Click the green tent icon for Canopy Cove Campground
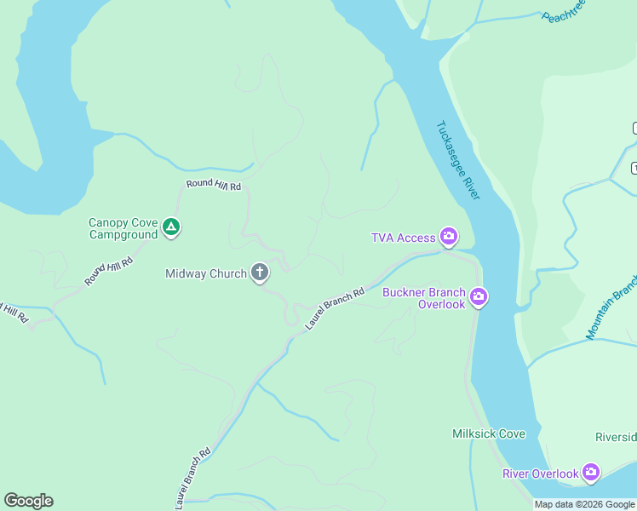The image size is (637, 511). (171, 227)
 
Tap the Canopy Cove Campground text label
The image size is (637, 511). (123, 228)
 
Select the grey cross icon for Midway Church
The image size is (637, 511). (260, 273)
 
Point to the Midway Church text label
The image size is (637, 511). (206, 273)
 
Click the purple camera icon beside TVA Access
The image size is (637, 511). (448, 237)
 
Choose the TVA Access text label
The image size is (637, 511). (403, 238)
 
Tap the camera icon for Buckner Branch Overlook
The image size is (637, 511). (479, 296)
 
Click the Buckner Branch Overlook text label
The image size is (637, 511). (423, 298)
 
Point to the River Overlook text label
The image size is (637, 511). (541, 474)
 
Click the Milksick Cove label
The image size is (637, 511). (488, 433)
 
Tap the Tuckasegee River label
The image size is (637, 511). (458, 161)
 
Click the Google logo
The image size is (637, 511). (28, 501)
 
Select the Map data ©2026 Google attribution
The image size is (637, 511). (584, 504)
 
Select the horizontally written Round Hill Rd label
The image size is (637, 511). (214, 186)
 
